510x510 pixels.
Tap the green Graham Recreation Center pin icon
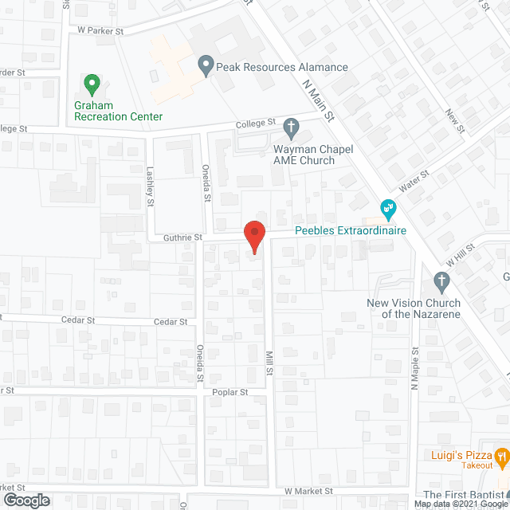92,82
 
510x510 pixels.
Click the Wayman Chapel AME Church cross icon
292,126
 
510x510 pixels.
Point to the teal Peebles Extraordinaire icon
389,210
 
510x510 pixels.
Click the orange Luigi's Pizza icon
501,457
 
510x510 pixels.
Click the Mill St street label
270,366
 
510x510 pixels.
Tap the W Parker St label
101,30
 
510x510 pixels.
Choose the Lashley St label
150,186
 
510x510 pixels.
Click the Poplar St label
230,392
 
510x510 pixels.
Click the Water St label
414,181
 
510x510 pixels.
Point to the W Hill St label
460,256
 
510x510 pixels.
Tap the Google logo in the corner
26,500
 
